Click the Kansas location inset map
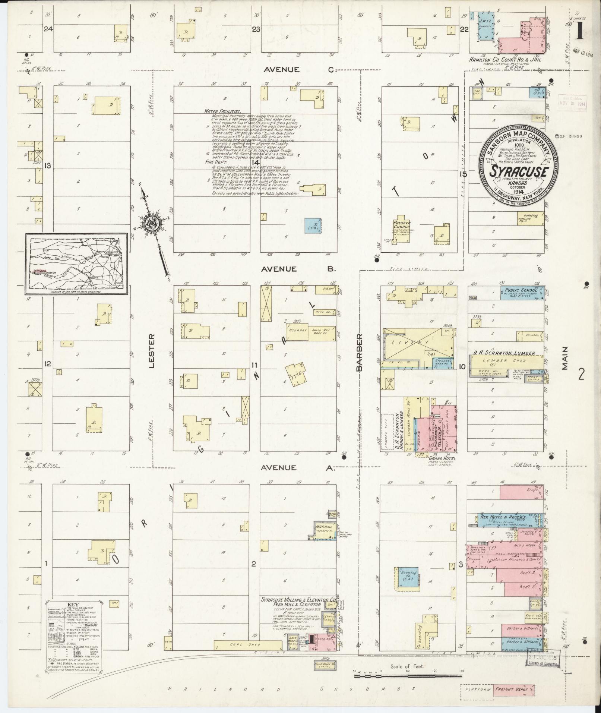pyautogui.click(x=77, y=263)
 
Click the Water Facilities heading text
pyautogui.click(x=222, y=111)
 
